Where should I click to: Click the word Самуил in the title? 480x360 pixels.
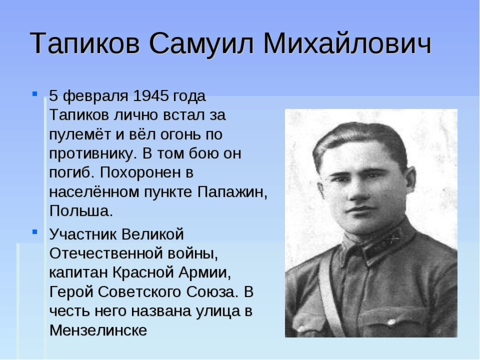coord(202,43)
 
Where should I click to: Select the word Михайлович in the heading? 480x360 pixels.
coord(347,43)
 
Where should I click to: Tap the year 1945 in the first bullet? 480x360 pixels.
coord(151,96)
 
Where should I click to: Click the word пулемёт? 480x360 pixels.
coord(80,135)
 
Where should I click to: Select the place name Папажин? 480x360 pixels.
coord(233,192)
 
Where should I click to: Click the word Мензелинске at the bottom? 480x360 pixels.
coord(98,330)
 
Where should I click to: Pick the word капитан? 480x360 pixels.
coord(78,272)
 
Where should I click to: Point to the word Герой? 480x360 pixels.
coord(71,292)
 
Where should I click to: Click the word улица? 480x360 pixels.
coord(217,311)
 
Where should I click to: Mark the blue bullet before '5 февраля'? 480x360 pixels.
coord(35,93)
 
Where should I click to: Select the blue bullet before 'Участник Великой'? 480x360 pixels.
coord(35,232)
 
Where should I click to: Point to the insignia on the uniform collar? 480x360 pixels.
coord(395,239)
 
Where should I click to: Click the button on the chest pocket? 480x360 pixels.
coord(392,321)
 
